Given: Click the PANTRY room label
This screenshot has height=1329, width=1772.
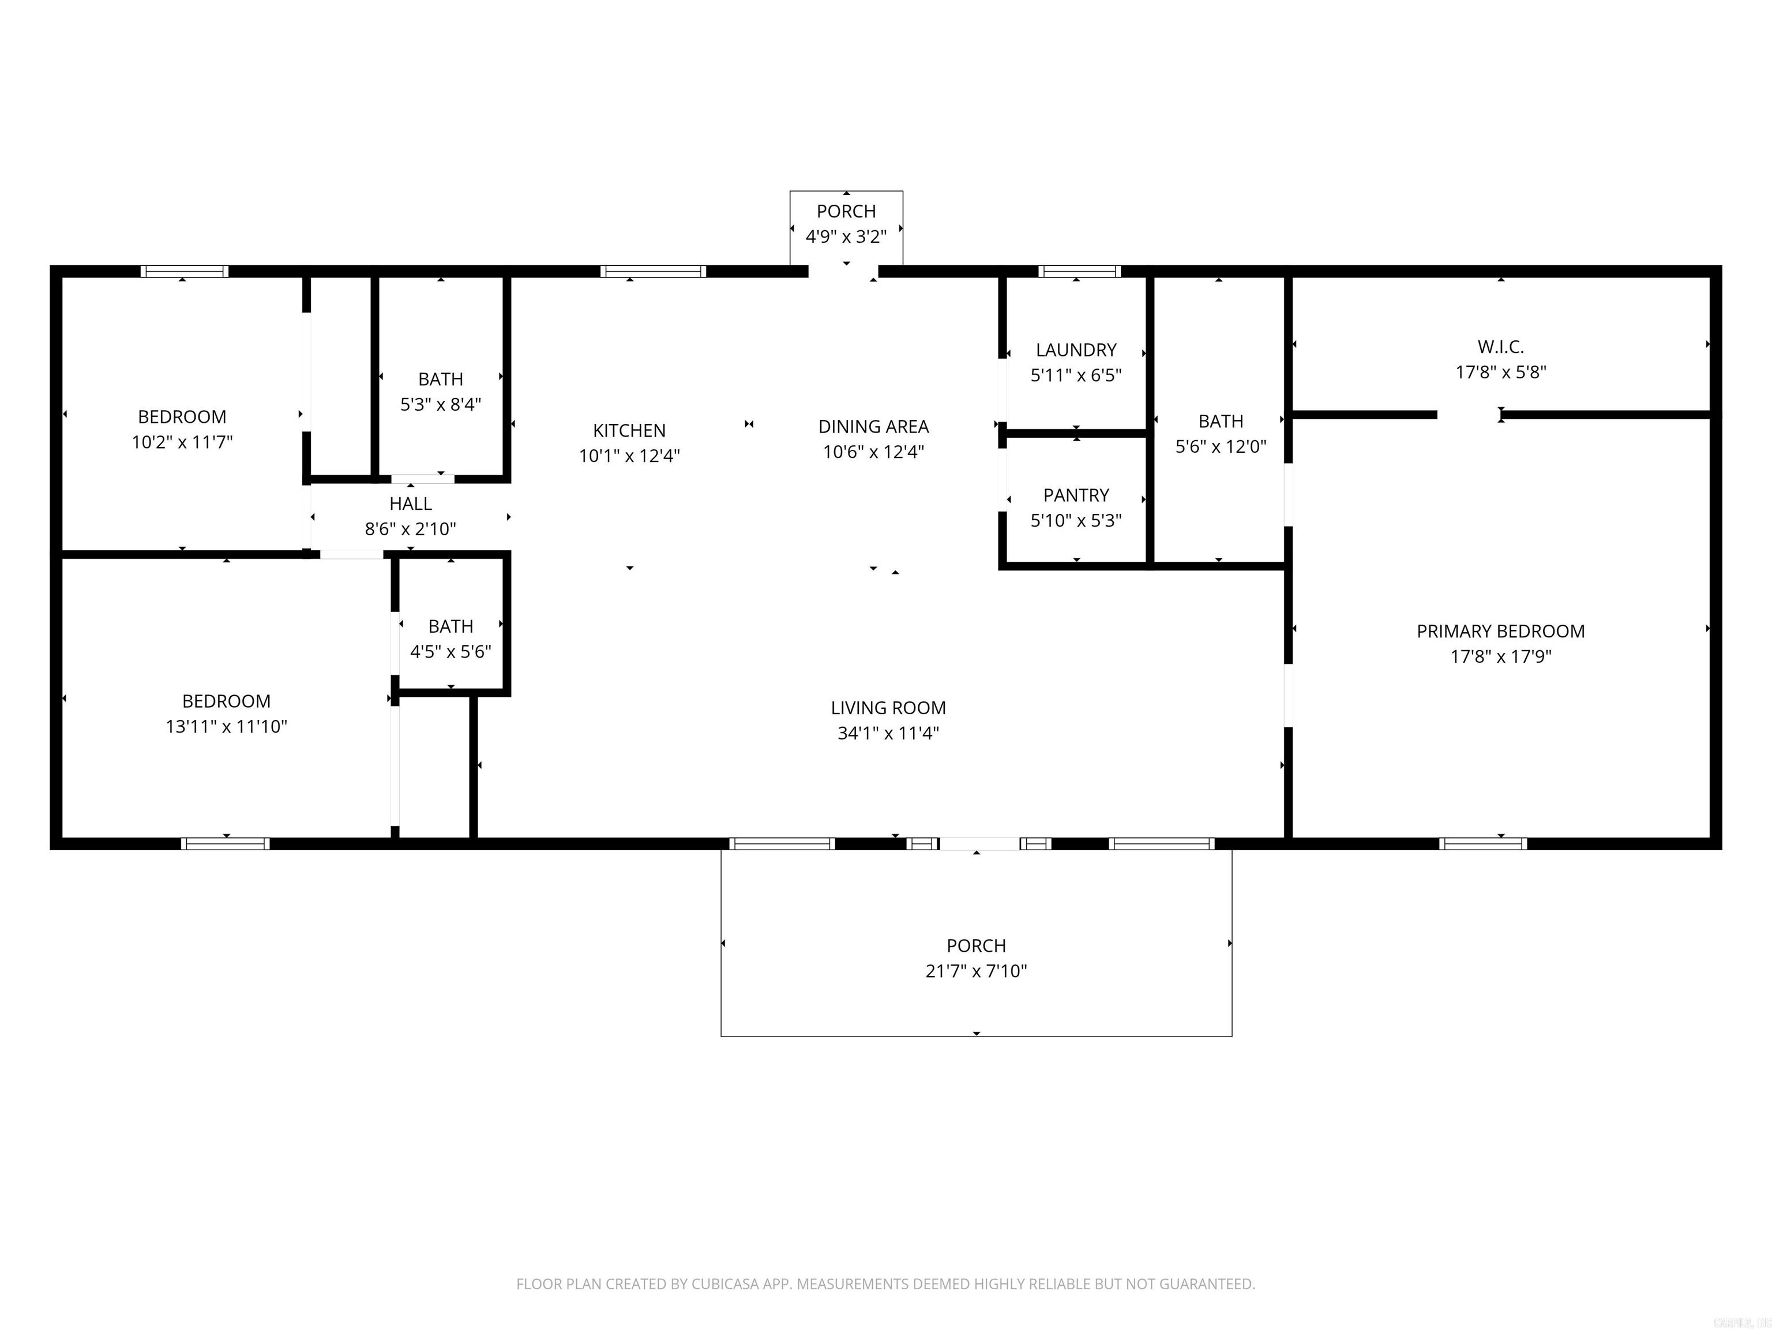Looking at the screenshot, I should pos(1075,495).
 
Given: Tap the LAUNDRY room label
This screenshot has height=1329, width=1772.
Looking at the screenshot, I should pos(1075,350).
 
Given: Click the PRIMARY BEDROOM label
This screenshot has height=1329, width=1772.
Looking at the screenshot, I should pos(1500,631).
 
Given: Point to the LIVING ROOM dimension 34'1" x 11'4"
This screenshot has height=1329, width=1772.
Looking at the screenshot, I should pos(888,733).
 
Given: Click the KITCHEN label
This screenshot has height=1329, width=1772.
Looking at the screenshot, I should pos(629,431).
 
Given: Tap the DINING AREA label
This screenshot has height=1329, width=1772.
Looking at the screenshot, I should pos(873,427).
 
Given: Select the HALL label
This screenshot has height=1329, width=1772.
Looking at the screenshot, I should pos(410,504).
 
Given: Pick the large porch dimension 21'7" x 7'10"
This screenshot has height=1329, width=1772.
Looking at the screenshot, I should pos(976,971).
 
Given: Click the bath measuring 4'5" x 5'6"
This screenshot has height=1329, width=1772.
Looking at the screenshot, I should pos(450,639).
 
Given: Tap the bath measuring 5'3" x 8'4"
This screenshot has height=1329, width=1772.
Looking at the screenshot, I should pos(441,391).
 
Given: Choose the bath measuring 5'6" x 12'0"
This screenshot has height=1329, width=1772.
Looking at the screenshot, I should pos(1220,433).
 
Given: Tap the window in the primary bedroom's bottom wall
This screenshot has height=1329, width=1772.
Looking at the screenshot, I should pos(1482,843).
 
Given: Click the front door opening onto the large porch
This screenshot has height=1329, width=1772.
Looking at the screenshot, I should pos(978,843).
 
